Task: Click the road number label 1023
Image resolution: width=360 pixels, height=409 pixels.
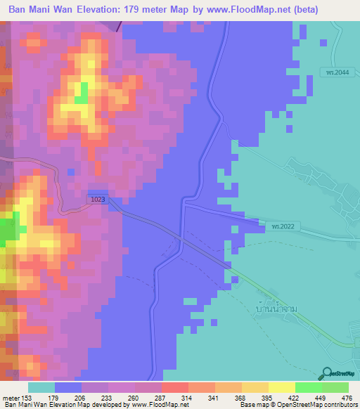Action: coord(98,200)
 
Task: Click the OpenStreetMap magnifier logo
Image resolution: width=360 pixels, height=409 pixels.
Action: coord(327,374)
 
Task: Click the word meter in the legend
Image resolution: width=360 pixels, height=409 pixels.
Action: coord(10,398)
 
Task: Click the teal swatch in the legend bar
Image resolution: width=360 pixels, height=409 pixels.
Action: coord(41,387)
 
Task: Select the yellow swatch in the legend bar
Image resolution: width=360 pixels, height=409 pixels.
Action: coord(281,387)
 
